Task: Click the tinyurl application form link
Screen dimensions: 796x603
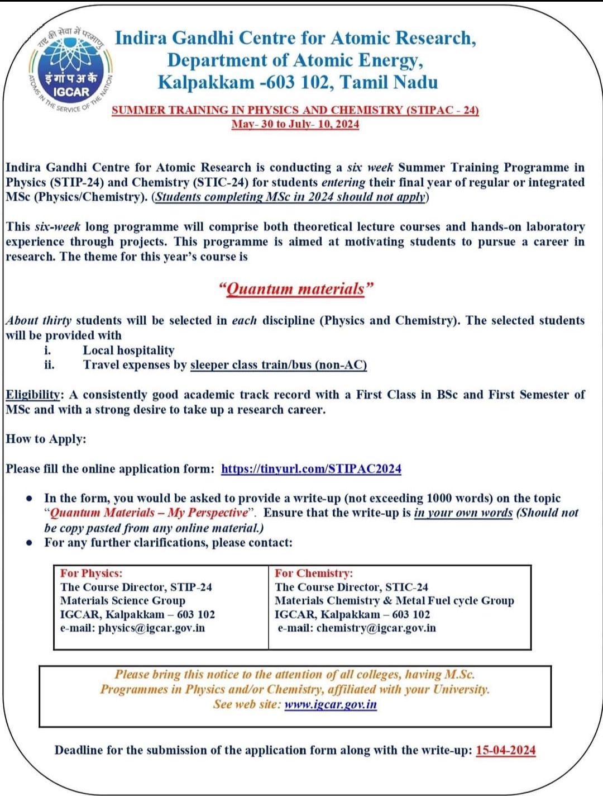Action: point(311,469)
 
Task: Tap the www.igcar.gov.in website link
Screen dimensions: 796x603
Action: point(330,704)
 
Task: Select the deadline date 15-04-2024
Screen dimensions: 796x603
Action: point(505,750)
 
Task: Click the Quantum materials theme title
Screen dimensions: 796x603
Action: point(295,289)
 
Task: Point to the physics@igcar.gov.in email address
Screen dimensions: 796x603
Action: point(151,628)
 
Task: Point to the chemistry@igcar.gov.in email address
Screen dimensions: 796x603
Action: point(376,628)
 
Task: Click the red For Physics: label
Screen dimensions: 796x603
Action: point(91,574)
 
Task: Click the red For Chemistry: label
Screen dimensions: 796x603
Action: point(313,574)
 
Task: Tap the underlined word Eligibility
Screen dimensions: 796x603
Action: point(33,395)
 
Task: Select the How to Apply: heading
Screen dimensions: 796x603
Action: point(46,439)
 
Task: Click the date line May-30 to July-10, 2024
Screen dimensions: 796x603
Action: point(295,124)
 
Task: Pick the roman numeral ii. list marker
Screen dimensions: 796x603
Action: point(49,365)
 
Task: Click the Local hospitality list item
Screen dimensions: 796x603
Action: point(128,350)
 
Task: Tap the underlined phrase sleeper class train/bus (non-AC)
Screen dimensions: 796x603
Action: point(278,365)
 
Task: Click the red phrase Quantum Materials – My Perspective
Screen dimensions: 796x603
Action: point(149,513)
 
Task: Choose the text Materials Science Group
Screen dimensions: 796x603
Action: point(122,601)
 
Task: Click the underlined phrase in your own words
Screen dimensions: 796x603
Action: point(463,513)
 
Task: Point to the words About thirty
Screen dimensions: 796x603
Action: point(39,321)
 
